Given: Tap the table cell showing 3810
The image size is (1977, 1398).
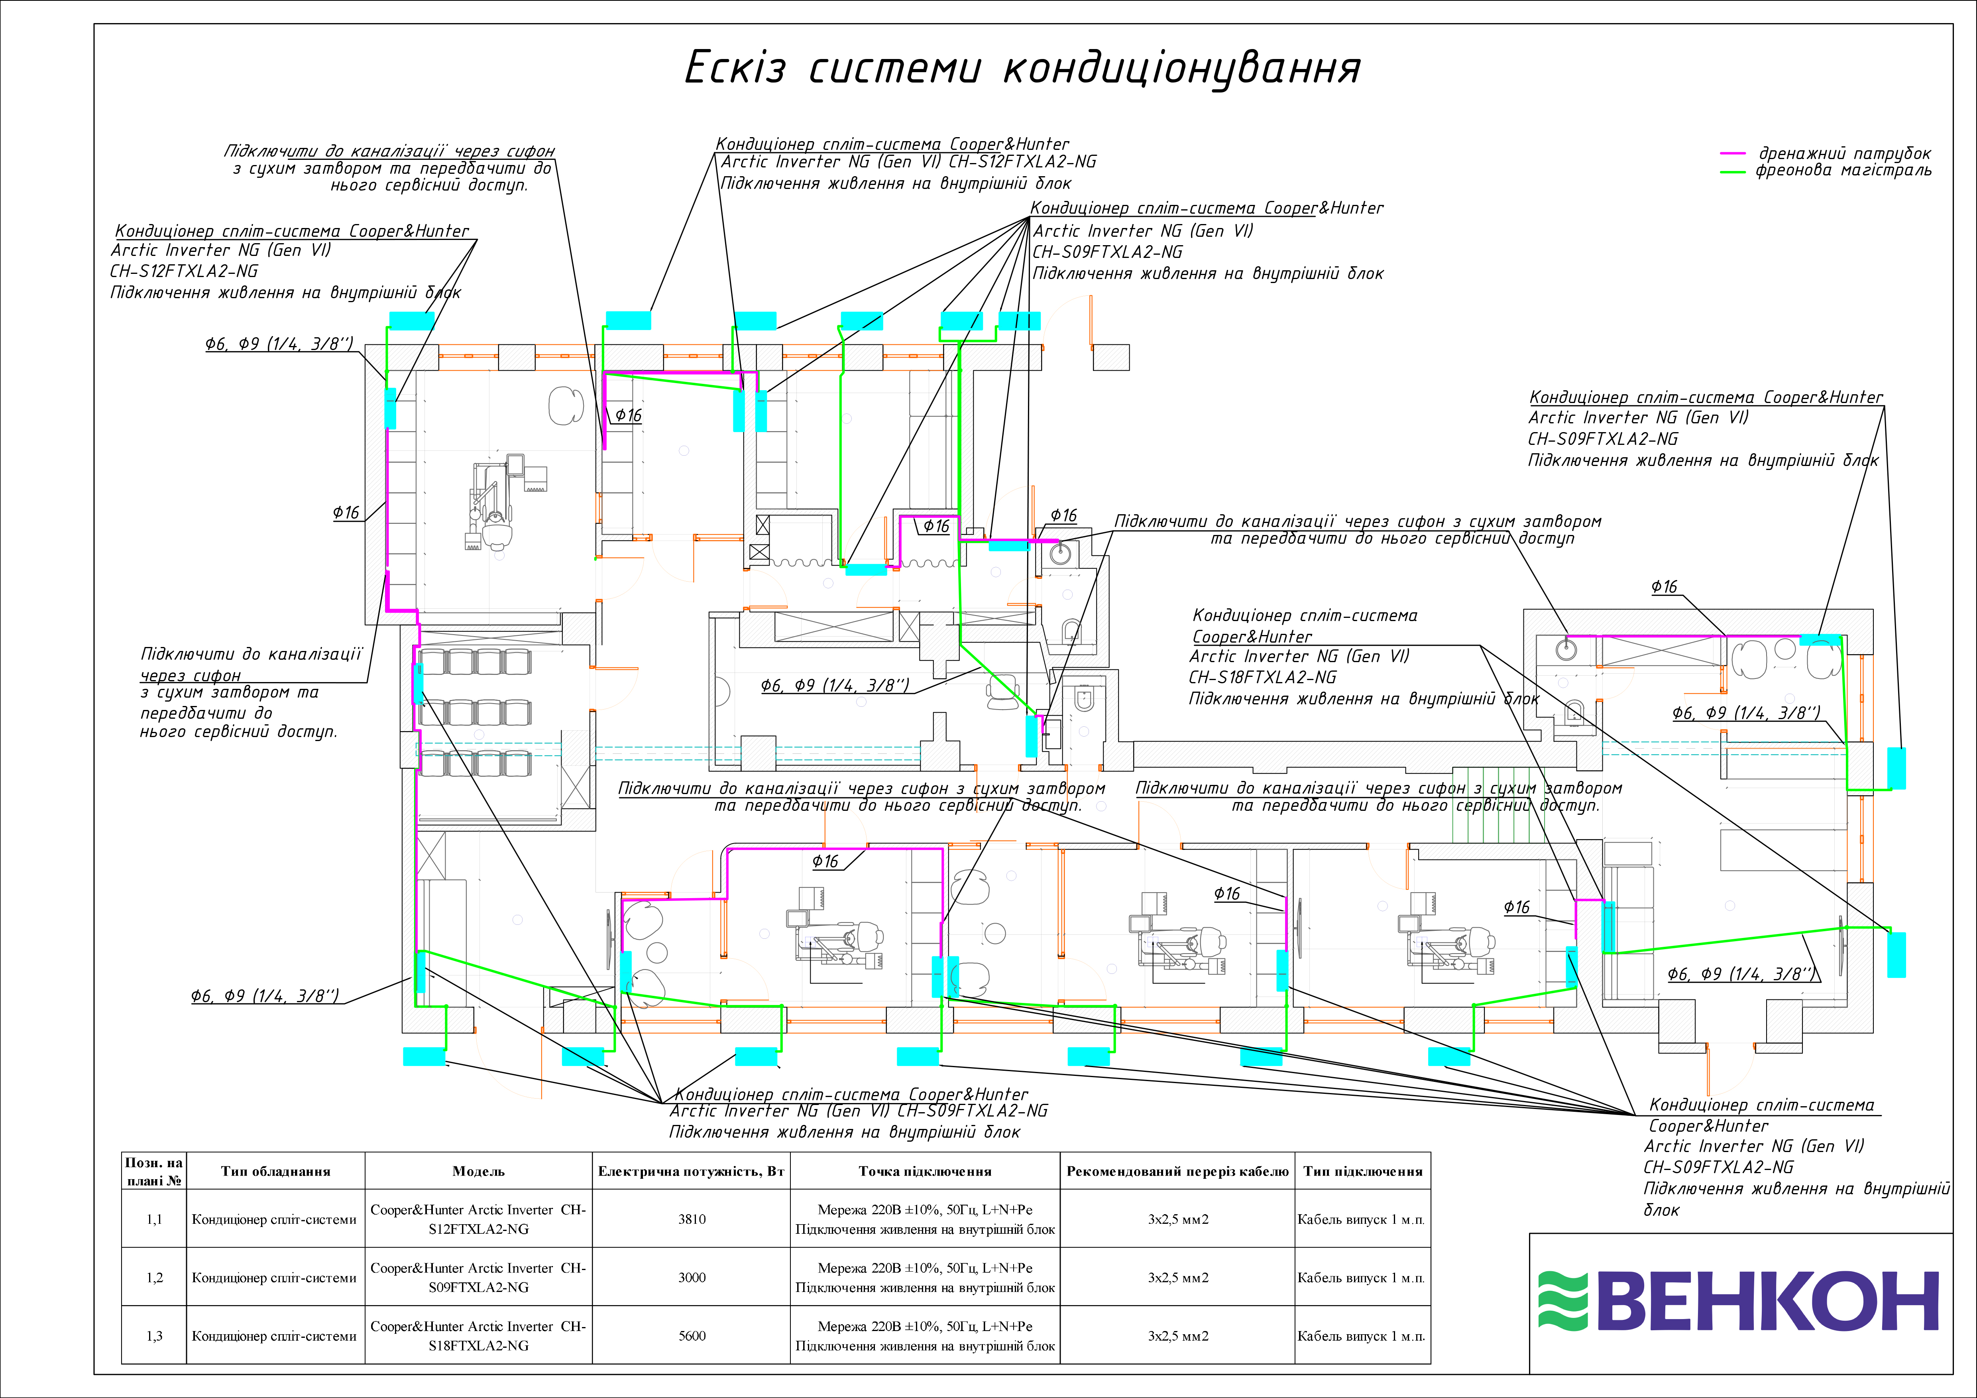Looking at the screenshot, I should [x=692, y=1219].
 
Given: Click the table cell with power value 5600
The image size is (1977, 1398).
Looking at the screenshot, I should [x=692, y=1336].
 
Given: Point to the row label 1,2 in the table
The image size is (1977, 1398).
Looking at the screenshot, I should [x=154, y=1277].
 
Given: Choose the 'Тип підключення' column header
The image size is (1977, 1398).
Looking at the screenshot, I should [x=1362, y=1172].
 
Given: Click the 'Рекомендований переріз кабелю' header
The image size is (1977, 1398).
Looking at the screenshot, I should [x=1177, y=1172].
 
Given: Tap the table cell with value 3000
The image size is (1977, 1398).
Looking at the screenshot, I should [x=692, y=1277].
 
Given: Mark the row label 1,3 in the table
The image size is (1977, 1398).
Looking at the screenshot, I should [x=154, y=1336].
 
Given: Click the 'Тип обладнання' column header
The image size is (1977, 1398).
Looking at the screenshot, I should [x=275, y=1172].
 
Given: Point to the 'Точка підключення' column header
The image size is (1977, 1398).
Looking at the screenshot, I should [x=925, y=1172].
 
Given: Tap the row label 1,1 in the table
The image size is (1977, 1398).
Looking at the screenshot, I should [x=154, y=1219].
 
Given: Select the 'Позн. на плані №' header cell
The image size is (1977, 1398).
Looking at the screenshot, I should [x=154, y=1172].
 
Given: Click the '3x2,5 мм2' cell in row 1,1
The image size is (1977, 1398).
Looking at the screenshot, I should [x=1177, y=1219].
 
